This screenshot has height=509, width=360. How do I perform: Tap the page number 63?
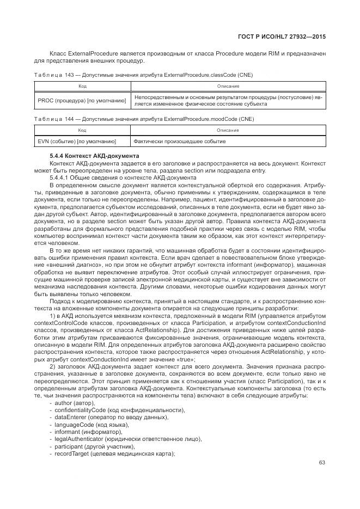coord(322,463)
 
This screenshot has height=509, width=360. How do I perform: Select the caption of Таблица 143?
coord(143,74)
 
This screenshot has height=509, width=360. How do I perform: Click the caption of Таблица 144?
coord(143,119)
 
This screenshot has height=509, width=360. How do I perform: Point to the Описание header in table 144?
coord(228,131)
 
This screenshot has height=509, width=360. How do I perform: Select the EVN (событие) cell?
coord(77,142)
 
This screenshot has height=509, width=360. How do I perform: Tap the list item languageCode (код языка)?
coord(91,425)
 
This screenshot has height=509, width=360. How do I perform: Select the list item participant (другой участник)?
coord(94,446)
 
